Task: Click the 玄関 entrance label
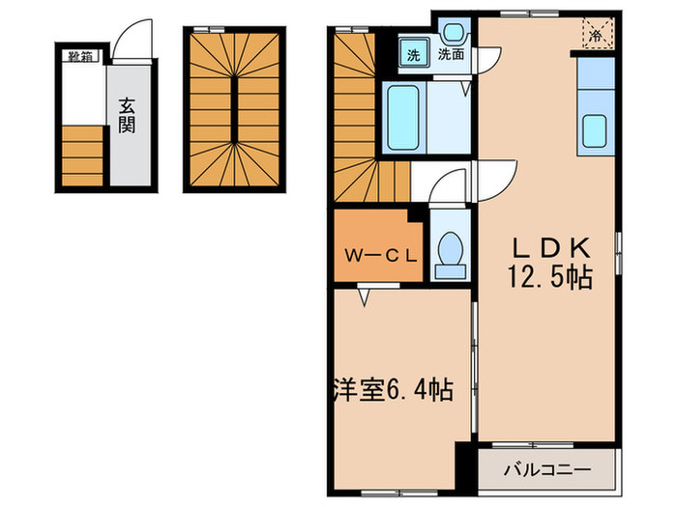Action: point(127,115)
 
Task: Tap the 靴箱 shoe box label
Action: point(79,56)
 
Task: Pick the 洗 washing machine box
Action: point(414,54)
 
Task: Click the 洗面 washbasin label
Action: point(450,55)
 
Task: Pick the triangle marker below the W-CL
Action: point(364,296)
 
